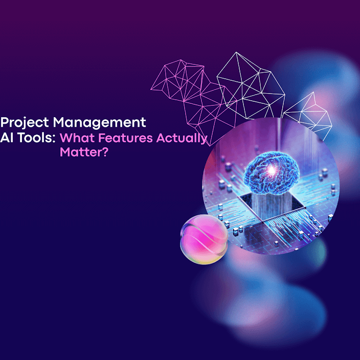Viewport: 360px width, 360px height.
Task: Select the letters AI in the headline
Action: [x=7, y=138]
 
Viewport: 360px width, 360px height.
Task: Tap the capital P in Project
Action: [x=4, y=123]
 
